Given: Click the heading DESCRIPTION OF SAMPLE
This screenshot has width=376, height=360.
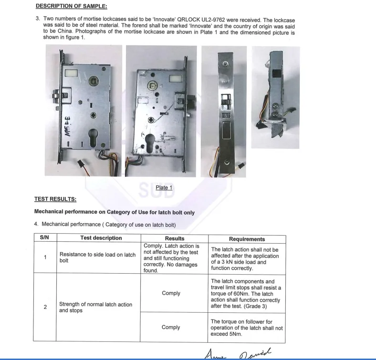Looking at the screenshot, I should [x=71, y=6].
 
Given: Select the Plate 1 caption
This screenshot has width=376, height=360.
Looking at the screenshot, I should [x=164, y=187].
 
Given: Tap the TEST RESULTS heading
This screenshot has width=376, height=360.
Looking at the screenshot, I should [x=55, y=199].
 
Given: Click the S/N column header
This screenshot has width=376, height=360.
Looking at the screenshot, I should [x=45, y=238].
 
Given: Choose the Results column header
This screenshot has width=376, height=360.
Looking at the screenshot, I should [x=174, y=238].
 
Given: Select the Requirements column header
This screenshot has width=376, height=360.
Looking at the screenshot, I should [x=247, y=239].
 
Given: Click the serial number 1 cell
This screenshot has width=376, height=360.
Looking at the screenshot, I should [x=45, y=257].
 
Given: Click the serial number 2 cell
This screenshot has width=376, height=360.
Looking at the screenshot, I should [x=45, y=307].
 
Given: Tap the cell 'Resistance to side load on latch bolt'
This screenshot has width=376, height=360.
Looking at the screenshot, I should [x=97, y=257].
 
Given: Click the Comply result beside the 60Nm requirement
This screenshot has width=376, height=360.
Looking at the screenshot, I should [x=171, y=293].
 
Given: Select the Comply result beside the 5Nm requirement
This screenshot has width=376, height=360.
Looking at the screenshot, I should [x=171, y=328].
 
